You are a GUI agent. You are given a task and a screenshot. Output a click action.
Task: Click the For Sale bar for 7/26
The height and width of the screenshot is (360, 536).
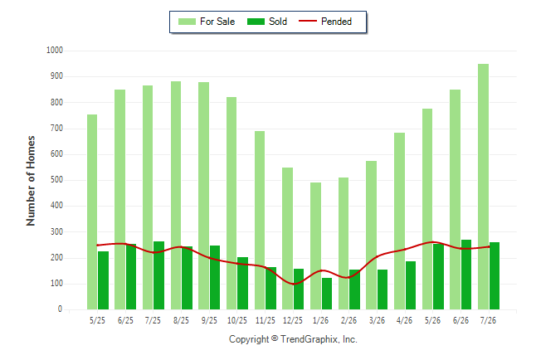click(483, 187)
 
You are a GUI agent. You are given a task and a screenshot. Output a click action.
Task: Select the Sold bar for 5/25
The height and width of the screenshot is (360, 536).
click(103, 280)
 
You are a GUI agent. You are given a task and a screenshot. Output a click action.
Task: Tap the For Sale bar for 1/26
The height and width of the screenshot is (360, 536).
click(315, 246)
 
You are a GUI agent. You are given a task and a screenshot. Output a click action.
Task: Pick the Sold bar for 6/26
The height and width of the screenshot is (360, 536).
click(466, 275)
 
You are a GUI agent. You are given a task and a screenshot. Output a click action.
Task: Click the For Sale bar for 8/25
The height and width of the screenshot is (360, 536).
click(176, 196)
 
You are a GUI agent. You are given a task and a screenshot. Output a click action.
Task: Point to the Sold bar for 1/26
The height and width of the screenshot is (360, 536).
click(327, 294)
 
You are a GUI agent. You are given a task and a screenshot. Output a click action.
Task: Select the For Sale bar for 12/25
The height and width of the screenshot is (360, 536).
click(287, 239)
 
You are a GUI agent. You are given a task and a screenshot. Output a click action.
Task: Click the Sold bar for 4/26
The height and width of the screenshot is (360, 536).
click(411, 285)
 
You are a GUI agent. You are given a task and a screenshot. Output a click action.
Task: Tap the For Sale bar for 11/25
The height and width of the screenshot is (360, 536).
click(260, 220)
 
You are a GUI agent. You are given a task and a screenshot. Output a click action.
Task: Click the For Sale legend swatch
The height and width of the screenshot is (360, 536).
click(187, 22)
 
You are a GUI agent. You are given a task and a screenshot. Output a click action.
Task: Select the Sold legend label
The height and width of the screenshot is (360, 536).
click(278, 22)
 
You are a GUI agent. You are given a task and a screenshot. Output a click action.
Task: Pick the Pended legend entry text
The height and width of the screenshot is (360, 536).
click(336, 22)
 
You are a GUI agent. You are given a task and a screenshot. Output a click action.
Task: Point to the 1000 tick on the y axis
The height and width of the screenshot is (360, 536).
click(55, 51)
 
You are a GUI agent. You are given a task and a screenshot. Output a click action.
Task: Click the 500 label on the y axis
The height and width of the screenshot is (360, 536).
click(56, 180)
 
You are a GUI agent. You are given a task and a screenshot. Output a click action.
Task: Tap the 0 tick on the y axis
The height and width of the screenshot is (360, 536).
click(61, 309)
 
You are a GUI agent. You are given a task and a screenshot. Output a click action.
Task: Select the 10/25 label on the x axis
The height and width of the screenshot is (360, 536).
click(237, 320)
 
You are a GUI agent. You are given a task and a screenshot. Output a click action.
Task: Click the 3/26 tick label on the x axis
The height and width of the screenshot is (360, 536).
click(377, 320)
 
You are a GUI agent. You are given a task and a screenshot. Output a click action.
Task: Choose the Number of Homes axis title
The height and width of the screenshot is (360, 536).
click(31, 181)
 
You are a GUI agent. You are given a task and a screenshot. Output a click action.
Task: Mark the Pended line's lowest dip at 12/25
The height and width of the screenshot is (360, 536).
click(294, 284)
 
